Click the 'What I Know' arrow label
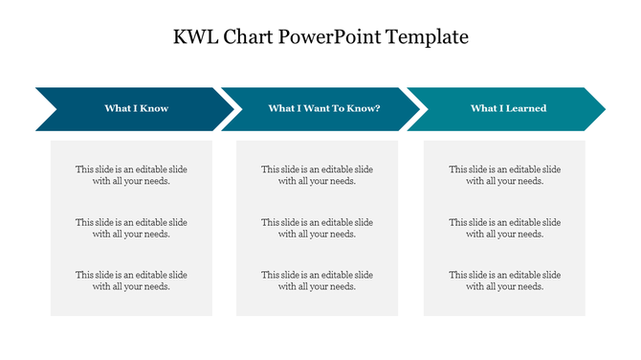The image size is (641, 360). (x=136, y=108)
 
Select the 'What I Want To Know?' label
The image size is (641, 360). (x=324, y=108)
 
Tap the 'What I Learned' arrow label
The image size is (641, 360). (x=508, y=108)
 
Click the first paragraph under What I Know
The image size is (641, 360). (x=131, y=175)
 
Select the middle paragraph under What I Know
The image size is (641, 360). (x=131, y=228)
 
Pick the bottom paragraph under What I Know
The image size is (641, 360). (x=131, y=281)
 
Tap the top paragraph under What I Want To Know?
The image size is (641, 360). (x=317, y=175)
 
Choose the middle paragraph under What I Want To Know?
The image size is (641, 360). (x=317, y=228)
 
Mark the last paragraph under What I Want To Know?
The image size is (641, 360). (x=317, y=281)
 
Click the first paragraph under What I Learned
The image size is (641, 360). (x=504, y=175)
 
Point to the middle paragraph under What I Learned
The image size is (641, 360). (x=504, y=228)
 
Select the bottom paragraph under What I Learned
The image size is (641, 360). (x=504, y=281)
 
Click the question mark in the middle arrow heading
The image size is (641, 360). (x=378, y=108)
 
